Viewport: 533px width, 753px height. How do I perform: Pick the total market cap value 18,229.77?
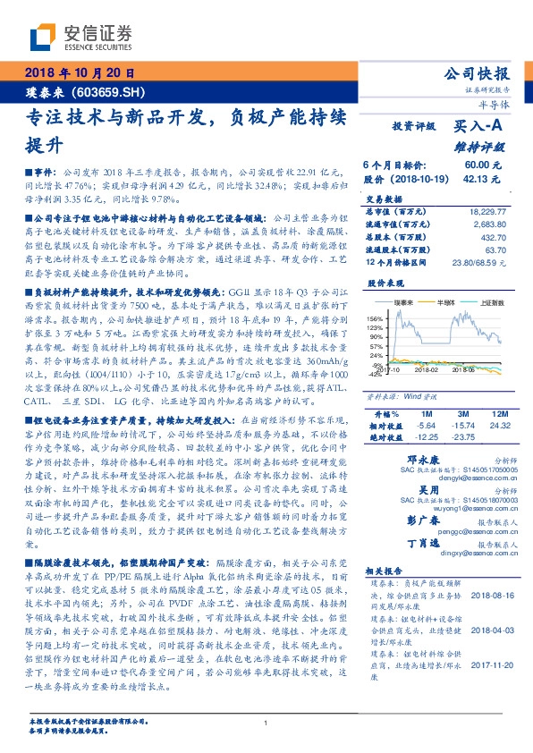[486, 211]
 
